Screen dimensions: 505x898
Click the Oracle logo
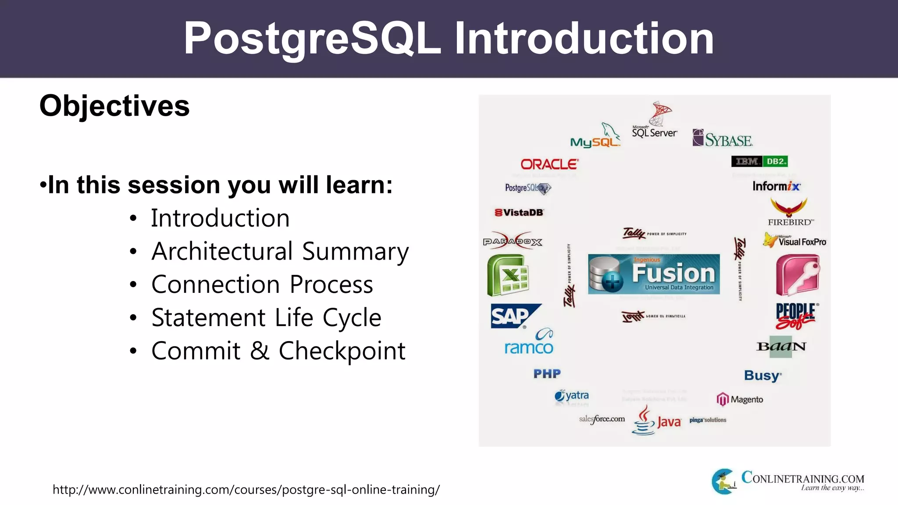click(549, 164)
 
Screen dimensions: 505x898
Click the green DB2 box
click(775, 161)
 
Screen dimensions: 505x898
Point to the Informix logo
click(776, 186)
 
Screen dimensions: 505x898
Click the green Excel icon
click(508, 275)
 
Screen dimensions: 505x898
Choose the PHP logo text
click(547, 373)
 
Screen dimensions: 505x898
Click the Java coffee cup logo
click(644, 421)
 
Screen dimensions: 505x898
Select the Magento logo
click(740, 399)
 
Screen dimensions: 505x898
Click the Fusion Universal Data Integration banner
click(654, 274)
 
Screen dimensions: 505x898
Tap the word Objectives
click(114, 106)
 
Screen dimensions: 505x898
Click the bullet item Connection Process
click(262, 285)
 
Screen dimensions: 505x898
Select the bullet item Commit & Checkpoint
click(278, 351)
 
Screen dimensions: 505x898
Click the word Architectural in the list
click(222, 251)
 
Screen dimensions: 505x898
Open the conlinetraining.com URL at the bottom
click(246, 489)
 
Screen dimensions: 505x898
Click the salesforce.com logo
click(602, 419)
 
